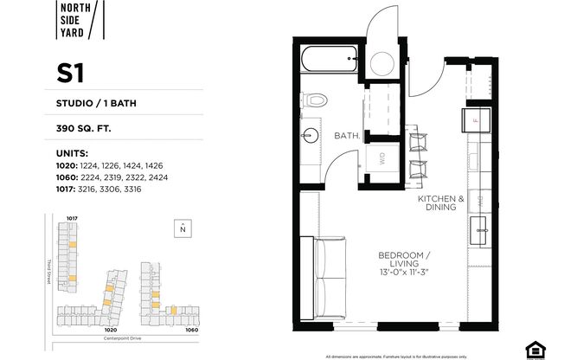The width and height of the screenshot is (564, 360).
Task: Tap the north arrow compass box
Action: point(183,229)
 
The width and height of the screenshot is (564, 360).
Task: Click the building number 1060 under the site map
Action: point(191,330)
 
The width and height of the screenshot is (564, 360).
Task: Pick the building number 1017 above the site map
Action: point(73,218)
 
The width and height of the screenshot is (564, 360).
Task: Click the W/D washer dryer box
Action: point(381,158)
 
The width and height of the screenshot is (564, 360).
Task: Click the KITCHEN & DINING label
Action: point(441,203)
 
